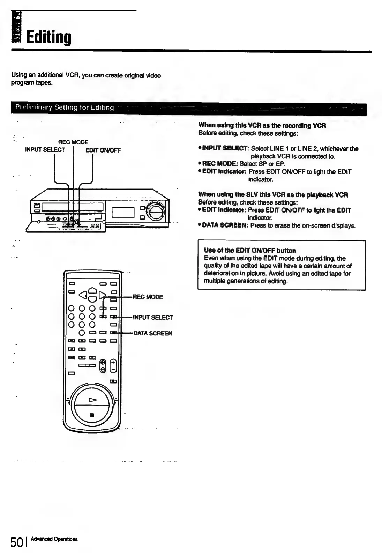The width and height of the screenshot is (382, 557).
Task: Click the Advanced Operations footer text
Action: point(54,539)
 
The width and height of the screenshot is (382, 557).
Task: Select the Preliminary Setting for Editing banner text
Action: point(65,107)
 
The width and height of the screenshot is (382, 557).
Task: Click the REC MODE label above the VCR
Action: point(73,142)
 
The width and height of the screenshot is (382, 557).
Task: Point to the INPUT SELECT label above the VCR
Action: point(45,150)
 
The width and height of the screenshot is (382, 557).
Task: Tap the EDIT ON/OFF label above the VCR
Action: point(103,150)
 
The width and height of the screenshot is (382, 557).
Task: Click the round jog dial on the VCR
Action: point(156,211)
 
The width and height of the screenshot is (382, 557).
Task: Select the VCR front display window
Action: point(123,212)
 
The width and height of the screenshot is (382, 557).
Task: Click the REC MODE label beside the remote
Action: point(148,297)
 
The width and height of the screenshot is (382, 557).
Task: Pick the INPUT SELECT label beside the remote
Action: point(153,318)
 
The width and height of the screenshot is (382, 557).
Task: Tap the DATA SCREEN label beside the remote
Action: point(153,333)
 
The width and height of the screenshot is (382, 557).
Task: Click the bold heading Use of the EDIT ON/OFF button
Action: point(250,250)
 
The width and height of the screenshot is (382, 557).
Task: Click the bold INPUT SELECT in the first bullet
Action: point(225,149)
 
